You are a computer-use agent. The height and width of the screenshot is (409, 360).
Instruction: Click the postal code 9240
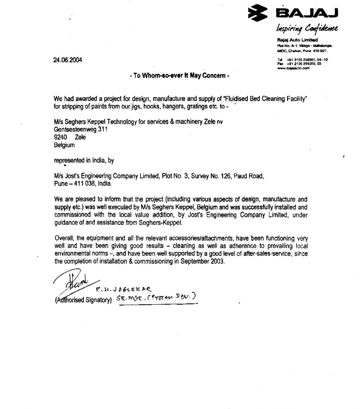click(x=60, y=137)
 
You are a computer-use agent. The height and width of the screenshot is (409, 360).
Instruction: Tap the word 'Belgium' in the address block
click(x=64, y=145)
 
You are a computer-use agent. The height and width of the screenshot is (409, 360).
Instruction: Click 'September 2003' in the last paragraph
click(x=202, y=262)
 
